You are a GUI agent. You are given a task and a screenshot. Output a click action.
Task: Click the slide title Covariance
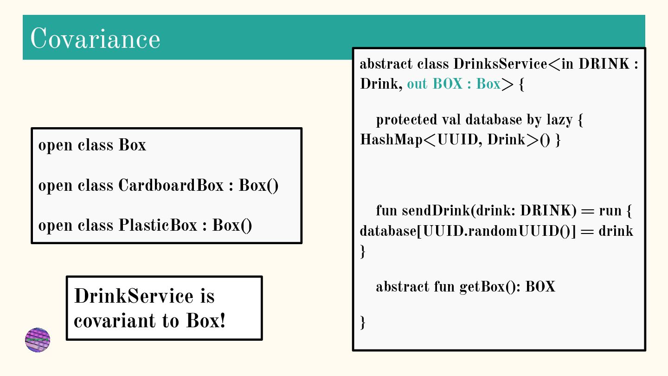click(x=95, y=39)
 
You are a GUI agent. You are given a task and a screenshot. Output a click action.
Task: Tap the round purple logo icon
click(x=38, y=340)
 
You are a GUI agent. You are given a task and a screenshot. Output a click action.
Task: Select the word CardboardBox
click(x=171, y=185)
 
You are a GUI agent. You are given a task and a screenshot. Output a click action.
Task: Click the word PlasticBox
click(x=158, y=225)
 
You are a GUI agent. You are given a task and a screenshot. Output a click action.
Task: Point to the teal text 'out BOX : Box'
click(x=453, y=84)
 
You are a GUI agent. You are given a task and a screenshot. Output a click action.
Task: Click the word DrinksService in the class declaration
click(x=500, y=64)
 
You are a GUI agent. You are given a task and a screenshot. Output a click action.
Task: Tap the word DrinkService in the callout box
click(x=134, y=296)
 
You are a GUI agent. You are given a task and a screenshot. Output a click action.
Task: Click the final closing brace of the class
click(x=363, y=322)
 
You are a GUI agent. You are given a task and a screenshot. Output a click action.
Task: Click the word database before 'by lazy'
click(x=494, y=120)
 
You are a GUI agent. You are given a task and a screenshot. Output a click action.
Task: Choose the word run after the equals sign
click(x=610, y=211)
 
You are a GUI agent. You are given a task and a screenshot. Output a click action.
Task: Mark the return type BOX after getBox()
click(x=540, y=287)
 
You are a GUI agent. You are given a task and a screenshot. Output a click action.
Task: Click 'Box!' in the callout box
click(x=206, y=320)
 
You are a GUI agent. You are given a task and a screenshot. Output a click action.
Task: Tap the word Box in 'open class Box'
click(x=132, y=145)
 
